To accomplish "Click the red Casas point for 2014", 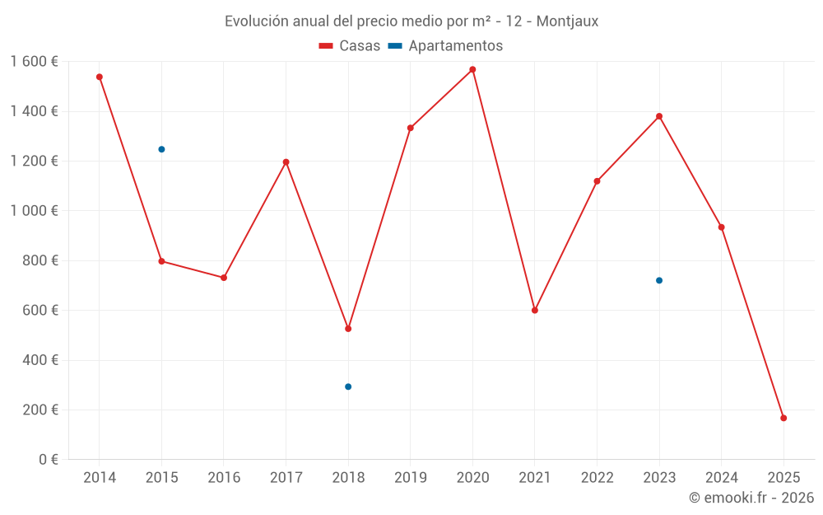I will point(100,77).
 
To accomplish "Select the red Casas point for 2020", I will point(472,69).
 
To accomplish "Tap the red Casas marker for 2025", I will point(783,418).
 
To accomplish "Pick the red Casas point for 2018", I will point(348,329).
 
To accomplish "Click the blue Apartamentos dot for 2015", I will point(161,149).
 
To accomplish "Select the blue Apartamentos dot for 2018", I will point(348,386).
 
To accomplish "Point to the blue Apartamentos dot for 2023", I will point(659,280).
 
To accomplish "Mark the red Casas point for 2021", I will point(535,311).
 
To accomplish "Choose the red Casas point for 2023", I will point(659,116).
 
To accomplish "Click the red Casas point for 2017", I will point(286,162).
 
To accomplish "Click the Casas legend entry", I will point(350,46).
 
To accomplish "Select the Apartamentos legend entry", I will point(445,46).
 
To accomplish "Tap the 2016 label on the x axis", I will point(224,478).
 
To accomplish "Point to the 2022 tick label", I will point(597,478).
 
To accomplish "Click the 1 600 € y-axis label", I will point(34,62).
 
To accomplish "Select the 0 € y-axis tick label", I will point(48,460).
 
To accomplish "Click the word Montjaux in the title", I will point(567,21).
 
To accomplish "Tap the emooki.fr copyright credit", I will point(751,498).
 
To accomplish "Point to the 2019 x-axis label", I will point(410,478).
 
